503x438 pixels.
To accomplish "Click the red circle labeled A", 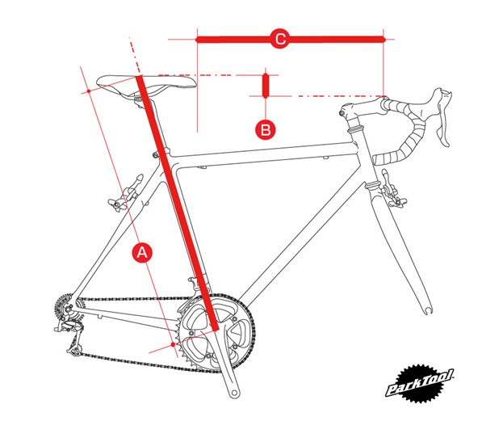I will coord(142,252).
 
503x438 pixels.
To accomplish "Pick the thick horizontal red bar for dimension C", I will coord(291,38).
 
